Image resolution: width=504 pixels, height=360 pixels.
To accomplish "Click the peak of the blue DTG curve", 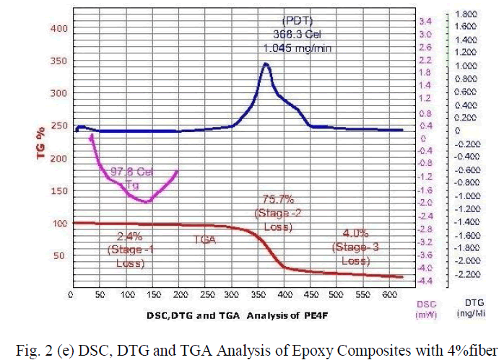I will point(265,63).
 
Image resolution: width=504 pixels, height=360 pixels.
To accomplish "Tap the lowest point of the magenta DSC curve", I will point(146,201).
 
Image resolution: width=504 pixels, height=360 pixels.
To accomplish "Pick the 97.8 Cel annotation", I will point(132,172).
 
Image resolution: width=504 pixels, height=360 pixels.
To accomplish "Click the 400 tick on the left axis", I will point(58,28).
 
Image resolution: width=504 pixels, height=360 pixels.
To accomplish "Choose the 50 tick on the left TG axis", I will point(61,255).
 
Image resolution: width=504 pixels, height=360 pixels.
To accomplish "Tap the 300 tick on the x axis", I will point(231,294).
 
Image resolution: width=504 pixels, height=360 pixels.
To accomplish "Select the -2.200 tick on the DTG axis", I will point(468,274).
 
